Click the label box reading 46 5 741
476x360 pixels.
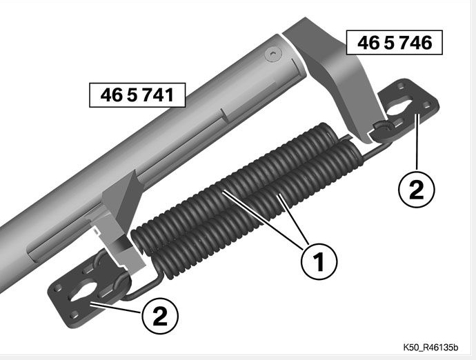(x=137, y=95)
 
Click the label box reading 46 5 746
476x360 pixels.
(x=395, y=43)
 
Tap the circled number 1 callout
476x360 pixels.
(x=319, y=262)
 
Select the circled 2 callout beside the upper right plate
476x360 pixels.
(x=416, y=190)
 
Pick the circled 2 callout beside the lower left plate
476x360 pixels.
(x=160, y=316)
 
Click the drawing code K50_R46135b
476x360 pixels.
(x=430, y=348)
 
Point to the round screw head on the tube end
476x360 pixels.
(x=273, y=55)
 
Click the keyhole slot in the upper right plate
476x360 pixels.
(x=400, y=108)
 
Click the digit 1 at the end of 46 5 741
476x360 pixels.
(x=169, y=95)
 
